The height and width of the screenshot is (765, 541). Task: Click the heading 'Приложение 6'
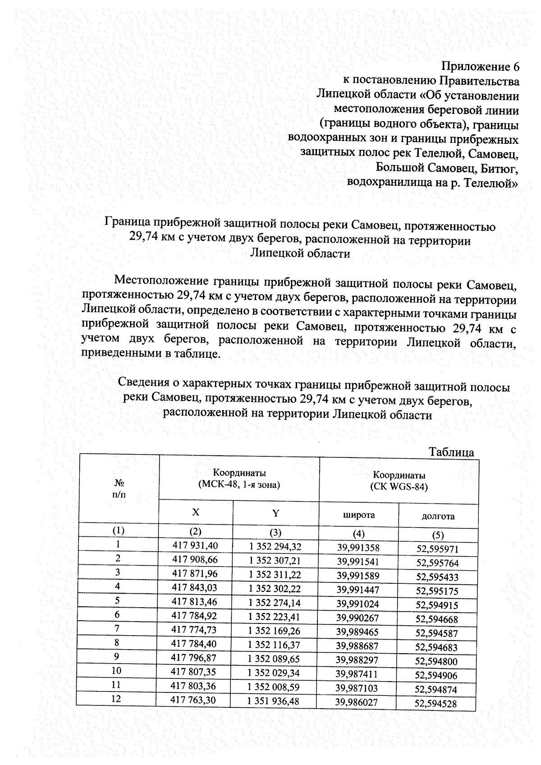click(x=480, y=67)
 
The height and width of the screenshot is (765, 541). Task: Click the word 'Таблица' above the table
click(x=451, y=452)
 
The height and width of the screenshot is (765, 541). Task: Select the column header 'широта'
click(x=358, y=515)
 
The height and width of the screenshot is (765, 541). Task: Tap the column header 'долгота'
click(x=438, y=516)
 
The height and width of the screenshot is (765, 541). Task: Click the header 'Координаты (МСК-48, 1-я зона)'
click(x=239, y=479)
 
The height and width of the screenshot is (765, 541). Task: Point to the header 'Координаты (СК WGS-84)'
click(x=399, y=481)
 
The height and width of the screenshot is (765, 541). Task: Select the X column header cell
click(x=195, y=512)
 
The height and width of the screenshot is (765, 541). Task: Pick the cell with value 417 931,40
click(x=195, y=545)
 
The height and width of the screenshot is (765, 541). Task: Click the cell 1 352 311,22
click(x=275, y=575)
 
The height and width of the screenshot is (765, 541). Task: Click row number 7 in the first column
click(x=117, y=628)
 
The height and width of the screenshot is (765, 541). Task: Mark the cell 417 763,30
click(x=194, y=700)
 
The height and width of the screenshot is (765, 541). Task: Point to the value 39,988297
click(x=358, y=660)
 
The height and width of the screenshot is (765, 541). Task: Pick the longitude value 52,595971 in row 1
click(x=437, y=549)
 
